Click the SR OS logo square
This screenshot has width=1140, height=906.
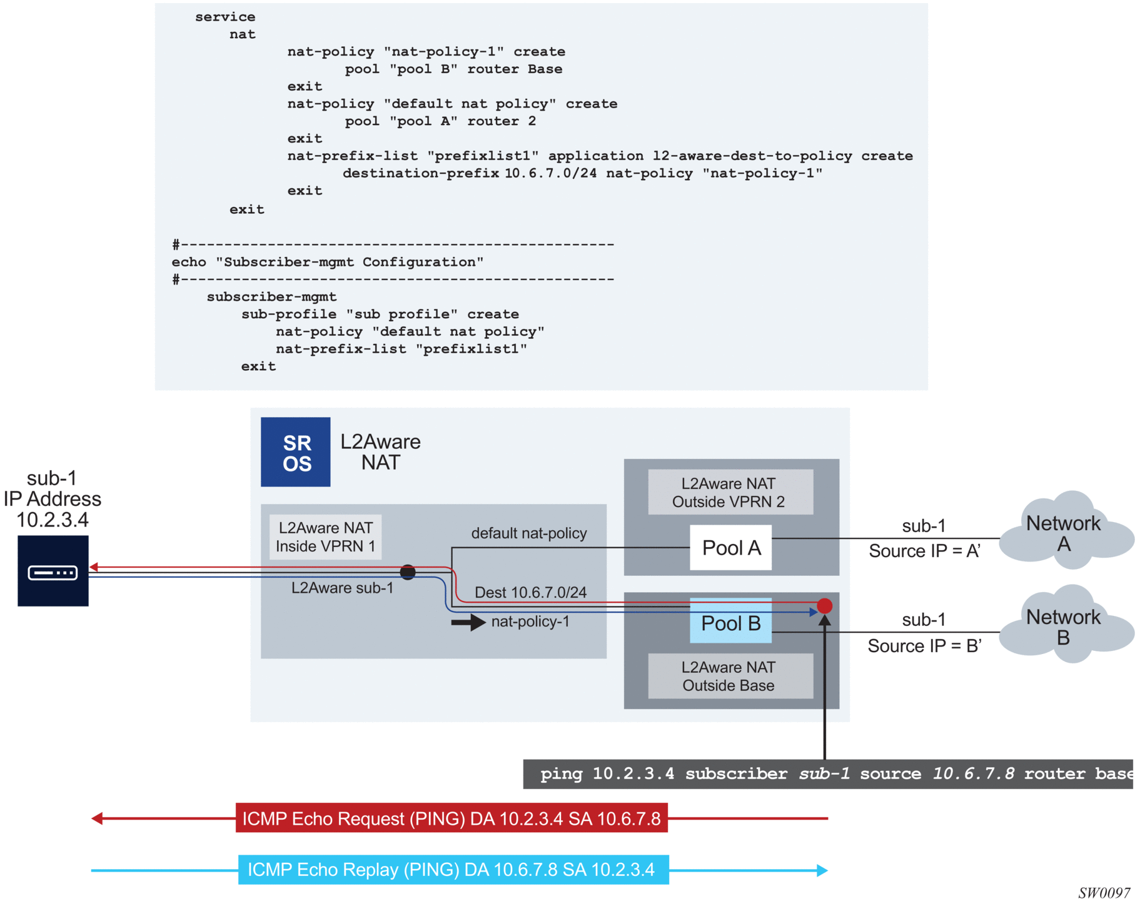[x=295, y=452]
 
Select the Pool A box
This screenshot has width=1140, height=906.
[x=730, y=548]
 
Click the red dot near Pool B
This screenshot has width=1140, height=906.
[x=824, y=605]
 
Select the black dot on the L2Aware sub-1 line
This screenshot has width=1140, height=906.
[x=408, y=571]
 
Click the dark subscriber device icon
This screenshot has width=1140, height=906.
[x=53, y=571]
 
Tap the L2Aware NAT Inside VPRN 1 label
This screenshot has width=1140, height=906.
[x=325, y=537]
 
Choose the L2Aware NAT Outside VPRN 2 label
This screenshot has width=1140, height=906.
[x=730, y=493]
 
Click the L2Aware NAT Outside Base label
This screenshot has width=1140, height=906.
[x=730, y=677]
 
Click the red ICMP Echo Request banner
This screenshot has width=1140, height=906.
[x=451, y=818]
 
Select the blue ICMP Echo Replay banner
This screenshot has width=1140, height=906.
[x=453, y=870]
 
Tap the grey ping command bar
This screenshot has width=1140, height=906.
[x=827, y=774]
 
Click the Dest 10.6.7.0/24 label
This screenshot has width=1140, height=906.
[x=530, y=592]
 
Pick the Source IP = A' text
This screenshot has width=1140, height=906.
[x=924, y=551]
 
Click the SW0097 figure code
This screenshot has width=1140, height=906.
[x=1104, y=893]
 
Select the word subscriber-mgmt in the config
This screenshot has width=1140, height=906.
[x=271, y=297]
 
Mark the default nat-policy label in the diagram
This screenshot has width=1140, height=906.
[x=529, y=533]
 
